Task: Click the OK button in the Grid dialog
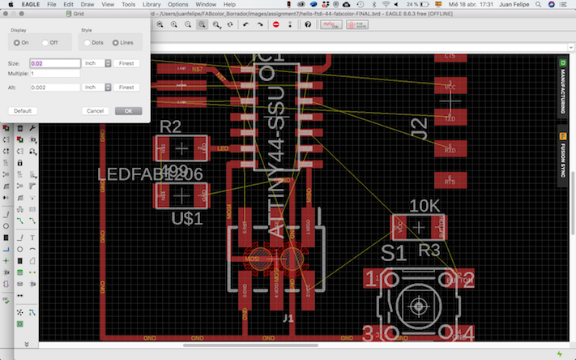[x=128, y=110]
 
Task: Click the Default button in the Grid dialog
[x=23, y=110]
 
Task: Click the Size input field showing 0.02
[x=55, y=62]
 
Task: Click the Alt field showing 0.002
[x=55, y=87]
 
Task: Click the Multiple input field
[x=55, y=75]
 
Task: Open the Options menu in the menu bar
[x=178, y=5]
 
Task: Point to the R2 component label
[x=171, y=127]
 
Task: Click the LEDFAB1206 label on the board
[x=149, y=174]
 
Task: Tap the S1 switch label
[x=394, y=254]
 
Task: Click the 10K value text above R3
[x=425, y=206]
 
